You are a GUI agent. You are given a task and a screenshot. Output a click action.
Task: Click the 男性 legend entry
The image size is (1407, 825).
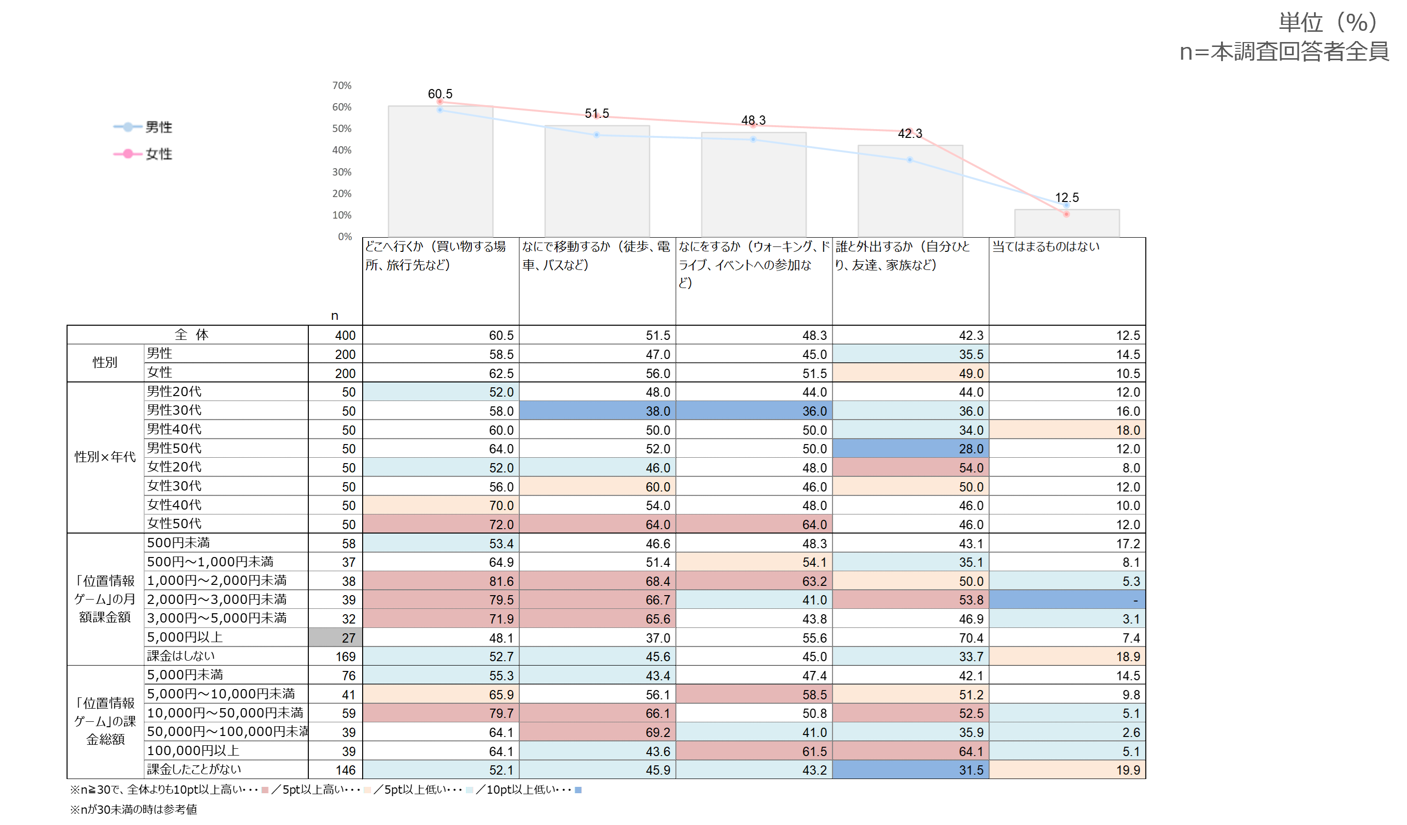[143, 127]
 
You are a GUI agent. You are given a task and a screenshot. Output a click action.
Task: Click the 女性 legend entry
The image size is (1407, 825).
[143, 154]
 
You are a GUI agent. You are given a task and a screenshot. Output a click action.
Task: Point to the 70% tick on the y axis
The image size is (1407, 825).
[342, 86]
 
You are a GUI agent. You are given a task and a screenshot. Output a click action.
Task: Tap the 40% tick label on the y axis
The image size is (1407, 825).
[342, 150]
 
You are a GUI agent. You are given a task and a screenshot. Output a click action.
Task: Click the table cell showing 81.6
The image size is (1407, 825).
[441, 581]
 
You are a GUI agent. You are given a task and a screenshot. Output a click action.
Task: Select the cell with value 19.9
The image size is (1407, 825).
[1067, 770]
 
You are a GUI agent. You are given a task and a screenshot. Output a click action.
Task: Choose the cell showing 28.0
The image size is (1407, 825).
[911, 448]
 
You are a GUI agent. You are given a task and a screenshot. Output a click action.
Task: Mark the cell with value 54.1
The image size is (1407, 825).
[754, 562]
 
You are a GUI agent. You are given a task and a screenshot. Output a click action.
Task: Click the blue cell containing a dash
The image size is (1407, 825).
[1067, 600]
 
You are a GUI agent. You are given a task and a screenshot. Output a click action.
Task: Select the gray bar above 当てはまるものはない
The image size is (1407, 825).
[1067, 223]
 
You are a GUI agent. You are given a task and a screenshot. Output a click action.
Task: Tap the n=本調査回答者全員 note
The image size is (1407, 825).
[1284, 52]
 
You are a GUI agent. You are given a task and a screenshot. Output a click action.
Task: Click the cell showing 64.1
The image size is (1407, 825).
[911, 751]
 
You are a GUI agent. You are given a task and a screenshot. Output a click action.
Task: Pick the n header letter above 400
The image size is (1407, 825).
[334, 316]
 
